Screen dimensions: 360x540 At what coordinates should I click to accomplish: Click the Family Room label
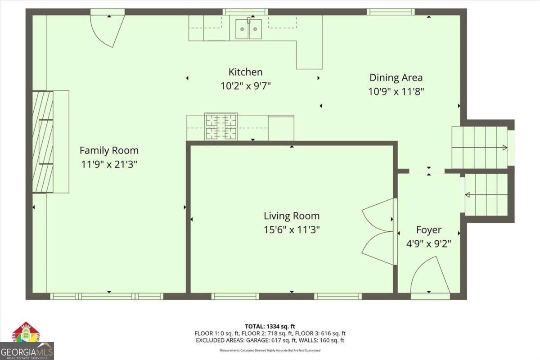click(109, 150)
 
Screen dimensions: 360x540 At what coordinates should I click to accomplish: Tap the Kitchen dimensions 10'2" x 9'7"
click(245, 85)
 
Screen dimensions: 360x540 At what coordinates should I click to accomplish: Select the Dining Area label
click(396, 77)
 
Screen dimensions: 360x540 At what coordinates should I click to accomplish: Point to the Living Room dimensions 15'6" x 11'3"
click(292, 230)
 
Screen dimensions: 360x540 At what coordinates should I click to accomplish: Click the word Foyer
click(428, 230)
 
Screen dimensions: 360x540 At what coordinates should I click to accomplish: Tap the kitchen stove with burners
click(221, 126)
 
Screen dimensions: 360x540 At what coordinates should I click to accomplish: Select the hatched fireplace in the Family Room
click(42, 141)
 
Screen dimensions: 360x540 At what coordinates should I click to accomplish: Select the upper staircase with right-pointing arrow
click(480, 148)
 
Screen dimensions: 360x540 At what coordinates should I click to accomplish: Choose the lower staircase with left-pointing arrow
click(486, 195)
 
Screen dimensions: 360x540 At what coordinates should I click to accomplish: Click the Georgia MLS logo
click(27, 342)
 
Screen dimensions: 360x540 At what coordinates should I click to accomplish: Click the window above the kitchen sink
click(245, 12)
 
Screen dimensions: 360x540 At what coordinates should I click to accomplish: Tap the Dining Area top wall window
click(390, 12)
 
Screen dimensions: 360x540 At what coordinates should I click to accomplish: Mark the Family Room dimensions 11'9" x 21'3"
click(109, 164)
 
